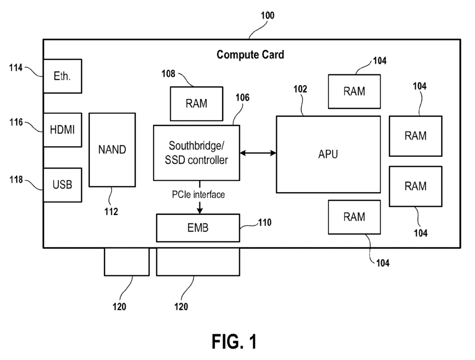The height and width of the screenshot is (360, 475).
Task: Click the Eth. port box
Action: (x=63, y=76)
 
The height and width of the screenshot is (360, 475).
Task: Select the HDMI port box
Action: (x=63, y=130)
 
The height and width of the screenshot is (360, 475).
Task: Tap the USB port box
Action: (x=63, y=185)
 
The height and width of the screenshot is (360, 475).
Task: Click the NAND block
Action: (x=112, y=150)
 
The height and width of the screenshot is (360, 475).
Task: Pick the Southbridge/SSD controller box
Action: (x=197, y=153)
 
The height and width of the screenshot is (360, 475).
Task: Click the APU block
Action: (x=328, y=154)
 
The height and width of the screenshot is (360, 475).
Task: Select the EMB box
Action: (x=198, y=228)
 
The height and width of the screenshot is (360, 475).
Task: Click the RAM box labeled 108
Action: (x=197, y=103)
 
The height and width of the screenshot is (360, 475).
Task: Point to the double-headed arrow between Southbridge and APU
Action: (x=258, y=153)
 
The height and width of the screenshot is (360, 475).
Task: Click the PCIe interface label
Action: (x=199, y=194)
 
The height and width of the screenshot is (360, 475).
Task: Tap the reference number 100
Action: (x=268, y=15)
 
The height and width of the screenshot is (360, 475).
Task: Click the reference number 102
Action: (x=300, y=89)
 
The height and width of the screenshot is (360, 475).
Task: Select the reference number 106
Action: (x=243, y=97)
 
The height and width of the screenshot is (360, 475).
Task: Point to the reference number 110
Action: (x=265, y=223)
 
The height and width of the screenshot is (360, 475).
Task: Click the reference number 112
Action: (x=111, y=212)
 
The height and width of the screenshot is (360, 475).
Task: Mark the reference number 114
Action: (x=16, y=68)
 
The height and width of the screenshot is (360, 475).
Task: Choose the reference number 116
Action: (x=16, y=122)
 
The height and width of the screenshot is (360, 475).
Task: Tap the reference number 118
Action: (x=16, y=180)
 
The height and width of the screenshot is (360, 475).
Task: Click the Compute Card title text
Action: (x=250, y=55)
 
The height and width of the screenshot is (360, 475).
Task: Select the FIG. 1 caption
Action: (x=234, y=341)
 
